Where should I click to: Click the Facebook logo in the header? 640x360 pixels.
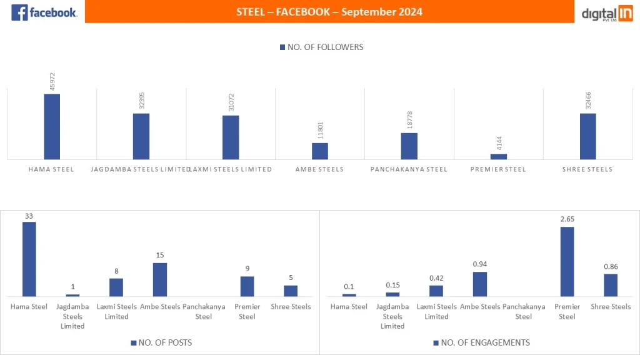(44, 12)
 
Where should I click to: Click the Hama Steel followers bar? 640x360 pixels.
(52, 127)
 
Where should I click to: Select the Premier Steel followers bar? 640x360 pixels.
(499, 157)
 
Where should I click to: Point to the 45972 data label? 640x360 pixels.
(52, 81)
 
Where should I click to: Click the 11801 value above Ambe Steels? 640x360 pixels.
(320, 130)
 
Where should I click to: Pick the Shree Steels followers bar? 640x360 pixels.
(587, 136)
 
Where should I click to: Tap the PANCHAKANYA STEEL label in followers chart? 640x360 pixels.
(409, 169)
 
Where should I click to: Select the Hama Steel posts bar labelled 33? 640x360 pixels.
(29, 259)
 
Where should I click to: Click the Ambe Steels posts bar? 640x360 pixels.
(160, 279)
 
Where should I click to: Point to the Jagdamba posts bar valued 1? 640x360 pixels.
(72, 295)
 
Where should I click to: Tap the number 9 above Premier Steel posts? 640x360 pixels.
(247, 269)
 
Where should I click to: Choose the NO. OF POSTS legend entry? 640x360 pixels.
(161, 342)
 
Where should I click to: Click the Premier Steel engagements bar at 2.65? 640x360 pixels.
(567, 261)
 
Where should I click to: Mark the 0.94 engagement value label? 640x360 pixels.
(479, 264)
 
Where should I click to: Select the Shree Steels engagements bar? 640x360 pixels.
(611, 285)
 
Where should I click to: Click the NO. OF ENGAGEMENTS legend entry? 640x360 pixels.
(481, 342)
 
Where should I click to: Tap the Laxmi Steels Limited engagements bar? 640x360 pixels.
(436, 291)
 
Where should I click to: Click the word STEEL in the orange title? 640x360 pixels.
(251, 12)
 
